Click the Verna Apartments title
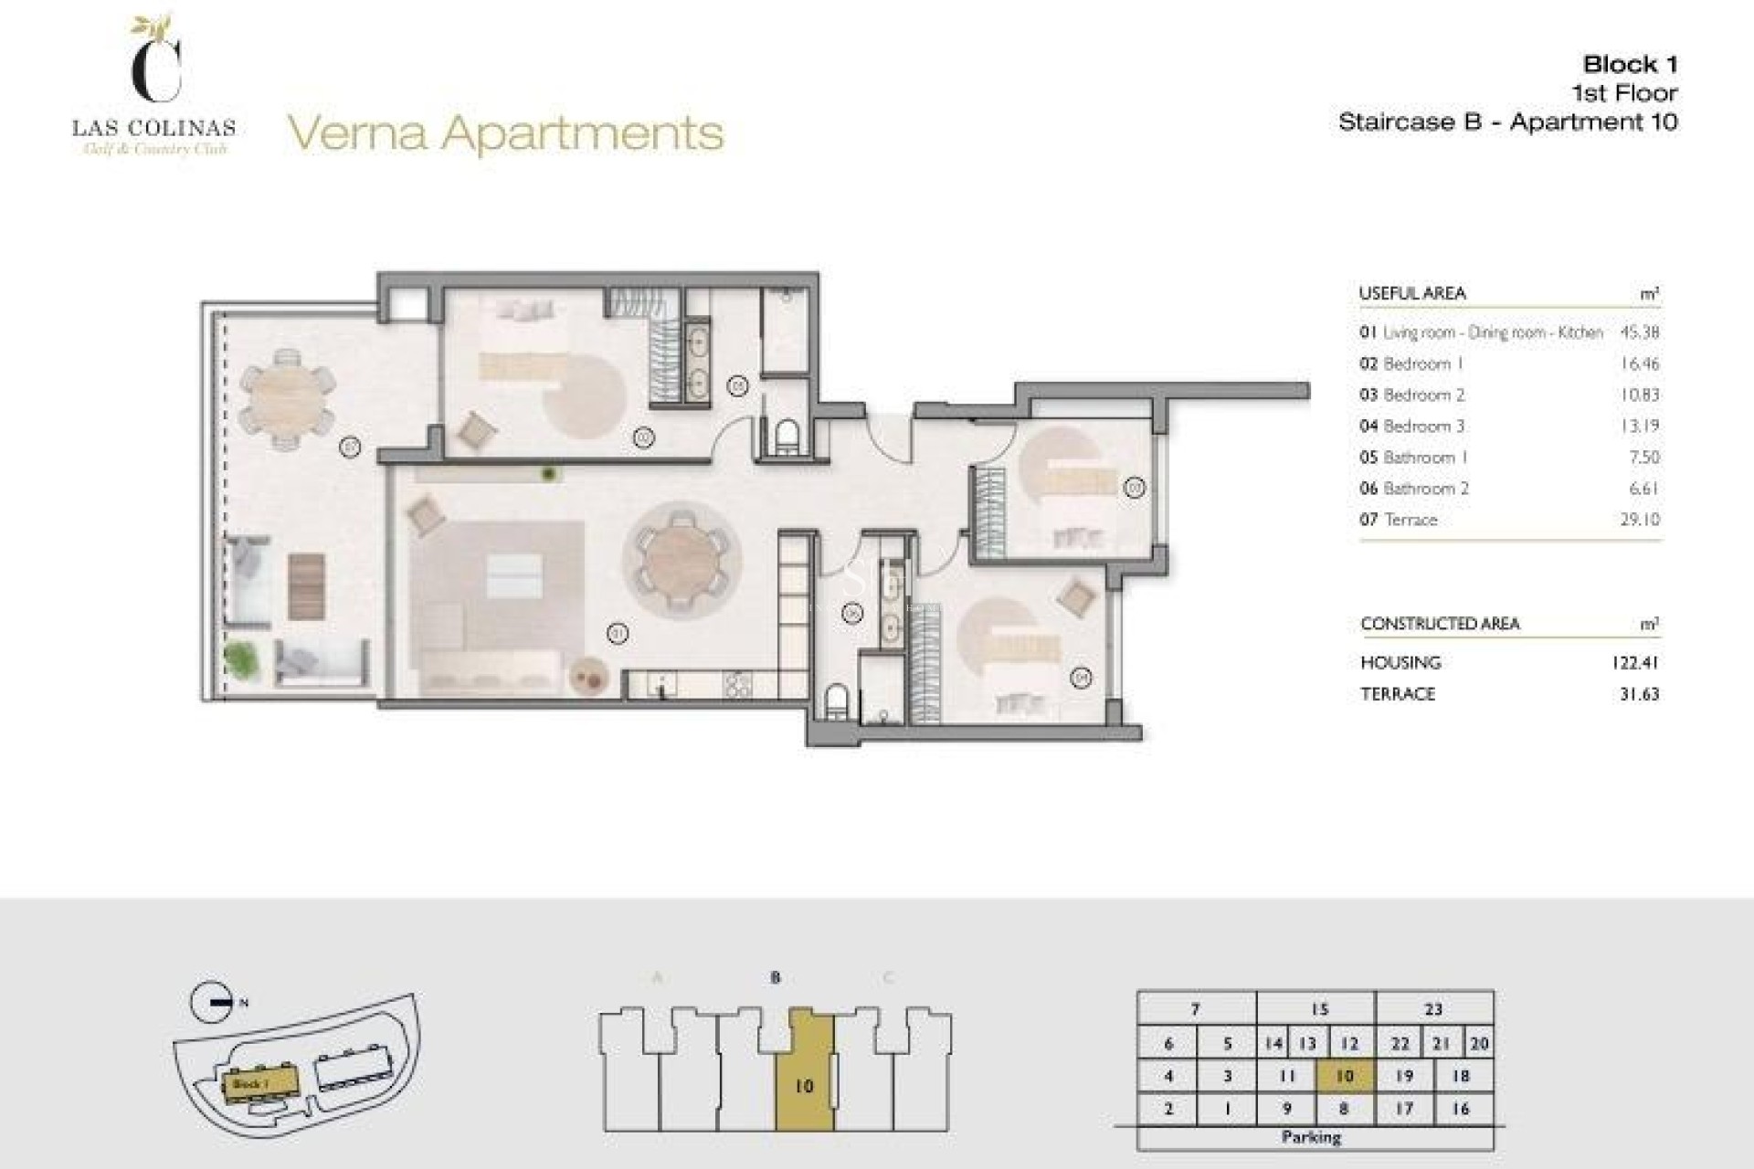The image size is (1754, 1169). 505,133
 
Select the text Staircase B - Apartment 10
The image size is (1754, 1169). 1507,122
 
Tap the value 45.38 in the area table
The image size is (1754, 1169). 1639,332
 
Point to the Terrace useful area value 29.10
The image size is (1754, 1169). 1639,520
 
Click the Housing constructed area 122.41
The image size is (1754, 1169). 1634,663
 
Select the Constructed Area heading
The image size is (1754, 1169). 1440,624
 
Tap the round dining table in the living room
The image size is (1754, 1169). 682,558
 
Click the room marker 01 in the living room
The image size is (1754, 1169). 618,632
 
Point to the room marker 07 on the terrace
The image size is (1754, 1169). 350,448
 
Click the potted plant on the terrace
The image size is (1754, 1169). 240,658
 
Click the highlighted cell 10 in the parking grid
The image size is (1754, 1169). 1345,1076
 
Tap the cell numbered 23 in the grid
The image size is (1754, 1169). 1433,1009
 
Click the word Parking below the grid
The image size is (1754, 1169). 1311,1137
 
